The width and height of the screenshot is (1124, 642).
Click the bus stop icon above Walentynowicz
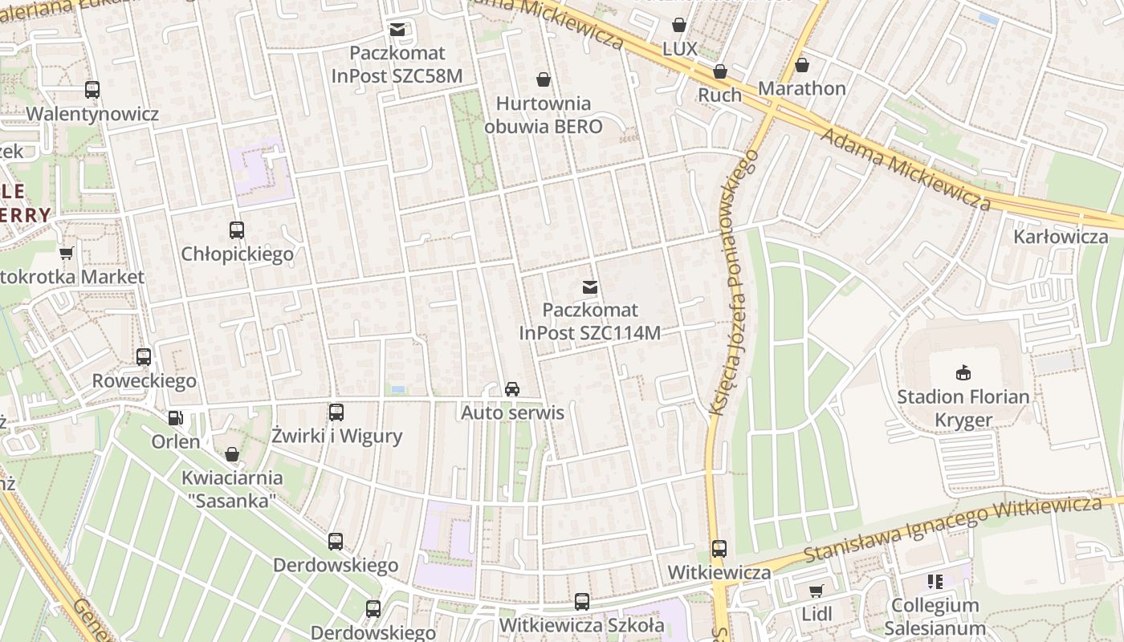[x=92, y=90]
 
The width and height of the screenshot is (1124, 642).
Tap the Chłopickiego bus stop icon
[x=237, y=230]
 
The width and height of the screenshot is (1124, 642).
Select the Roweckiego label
[x=145, y=380]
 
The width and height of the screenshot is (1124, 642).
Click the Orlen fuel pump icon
[x=175, y=418]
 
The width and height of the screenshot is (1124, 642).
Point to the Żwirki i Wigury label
[x=336, y=437]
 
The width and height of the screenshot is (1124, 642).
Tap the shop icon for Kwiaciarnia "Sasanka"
[x=232, y=455]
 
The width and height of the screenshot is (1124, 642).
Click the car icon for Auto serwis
[x=511, y=389]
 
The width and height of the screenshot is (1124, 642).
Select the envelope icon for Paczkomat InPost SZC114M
[x=590, y=286]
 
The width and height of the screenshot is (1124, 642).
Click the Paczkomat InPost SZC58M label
[x=397, y=64]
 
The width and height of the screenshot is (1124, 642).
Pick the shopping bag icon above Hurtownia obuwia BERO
[x=544, y=79]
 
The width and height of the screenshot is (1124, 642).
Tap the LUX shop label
[x=679, y=48]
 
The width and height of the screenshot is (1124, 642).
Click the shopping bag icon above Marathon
[x=801, y=65]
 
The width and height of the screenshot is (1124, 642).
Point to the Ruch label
[x=719, y=95]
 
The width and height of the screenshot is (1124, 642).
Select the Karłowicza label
[x=1061, y=237]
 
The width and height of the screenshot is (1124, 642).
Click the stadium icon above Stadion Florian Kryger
[x=963, y=372]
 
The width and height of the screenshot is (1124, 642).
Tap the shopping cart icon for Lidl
[x=817, y=591]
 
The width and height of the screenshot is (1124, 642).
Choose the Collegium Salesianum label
[x=935, y=616]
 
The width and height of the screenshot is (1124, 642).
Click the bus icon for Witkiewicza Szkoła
[x=581, y=602]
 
